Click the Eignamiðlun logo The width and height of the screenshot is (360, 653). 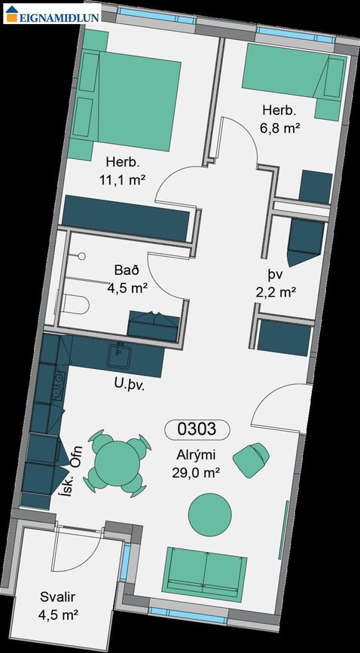pos(53,14)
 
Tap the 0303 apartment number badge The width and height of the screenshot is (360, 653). pos(197,429)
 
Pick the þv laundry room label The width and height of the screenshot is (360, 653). pos(276,276)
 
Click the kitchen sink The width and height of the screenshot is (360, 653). pos(119,355)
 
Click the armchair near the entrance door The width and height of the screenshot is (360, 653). pos(251,459)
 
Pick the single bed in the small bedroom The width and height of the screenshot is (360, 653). pos(294,81)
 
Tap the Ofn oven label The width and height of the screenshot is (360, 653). pos(77,457)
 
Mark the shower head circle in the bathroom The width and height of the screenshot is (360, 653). pos(82,256)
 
